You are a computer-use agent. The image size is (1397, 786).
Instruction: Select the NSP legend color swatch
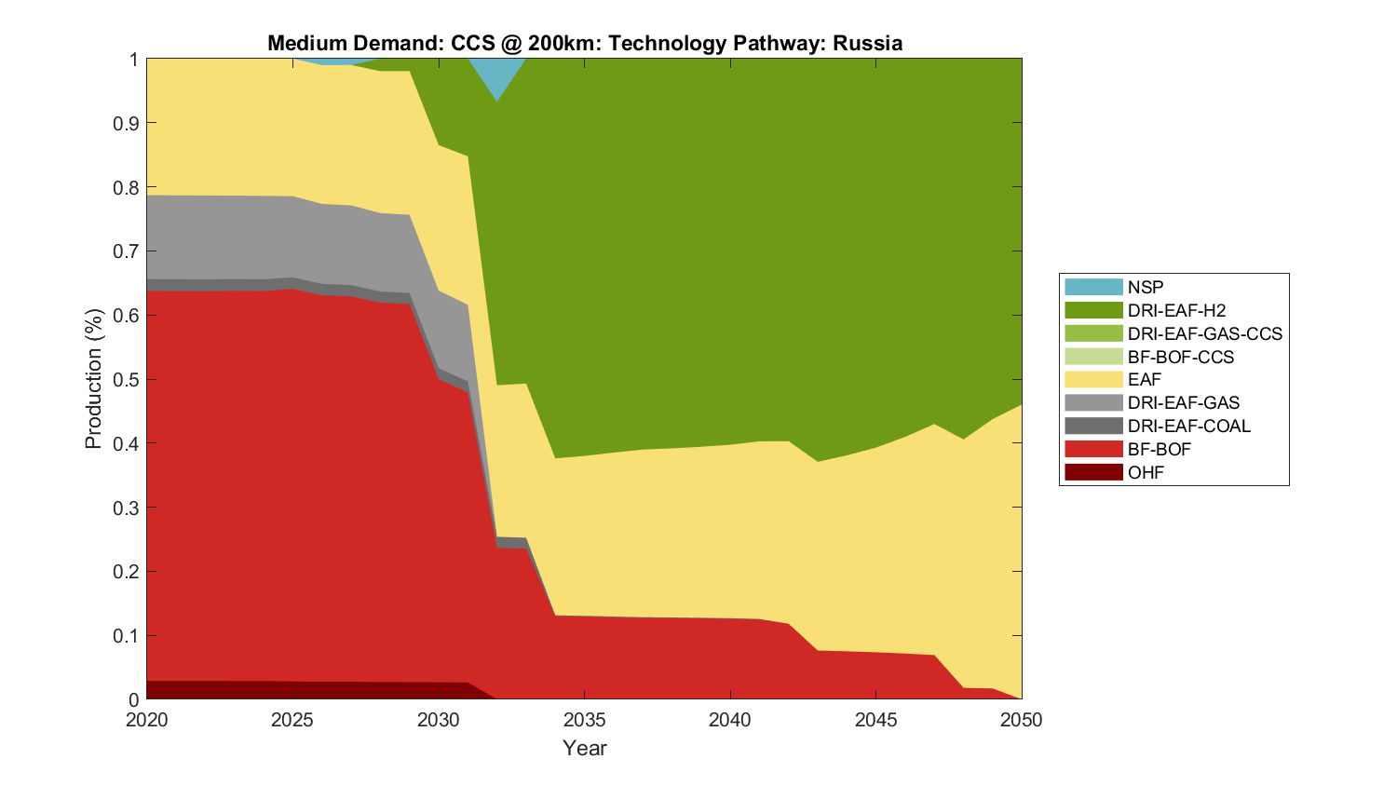pyautogui.click(x=1093, y=287)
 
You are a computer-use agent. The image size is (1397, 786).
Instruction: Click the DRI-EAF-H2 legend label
pyautogui.click(x=1176, y=310)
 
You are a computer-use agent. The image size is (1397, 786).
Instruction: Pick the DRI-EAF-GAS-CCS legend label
pyautogui.click(x=1204, y=333)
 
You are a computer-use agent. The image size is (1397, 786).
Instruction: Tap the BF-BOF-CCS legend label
pyautogui.click(x=1180, y=357)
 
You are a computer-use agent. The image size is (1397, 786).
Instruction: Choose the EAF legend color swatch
pyautogui.click(x=1093, y=379)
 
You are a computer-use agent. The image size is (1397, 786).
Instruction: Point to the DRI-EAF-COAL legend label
pyautogui.click(x=1188, y=426)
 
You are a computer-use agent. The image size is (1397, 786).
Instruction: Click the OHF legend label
pyautogui.click(x=1146, y=472)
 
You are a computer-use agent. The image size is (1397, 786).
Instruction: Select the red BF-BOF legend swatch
pyautogui.click(x=1093, y=449)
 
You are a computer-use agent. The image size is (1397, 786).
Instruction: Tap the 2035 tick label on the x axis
pyautogui.click(x=584, y=720)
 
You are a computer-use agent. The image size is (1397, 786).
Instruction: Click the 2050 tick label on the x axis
pyautogui.click(x=1022, y=720)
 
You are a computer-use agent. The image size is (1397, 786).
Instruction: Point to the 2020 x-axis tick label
pyautogui.click(x=147, y=720)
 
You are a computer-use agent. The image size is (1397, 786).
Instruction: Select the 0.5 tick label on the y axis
pyautogui.click(x=127, y=379)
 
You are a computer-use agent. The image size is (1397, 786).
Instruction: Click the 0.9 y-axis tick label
pyautogui.click(x=127, y=123)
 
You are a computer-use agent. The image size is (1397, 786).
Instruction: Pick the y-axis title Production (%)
pyautogui.click(x=93, y=379)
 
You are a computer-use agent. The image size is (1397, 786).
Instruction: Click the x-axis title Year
pyautogui.click(x=584, y=748)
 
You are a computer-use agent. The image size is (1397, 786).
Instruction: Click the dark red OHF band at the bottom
pyautogui.click(x=279, y=690)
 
